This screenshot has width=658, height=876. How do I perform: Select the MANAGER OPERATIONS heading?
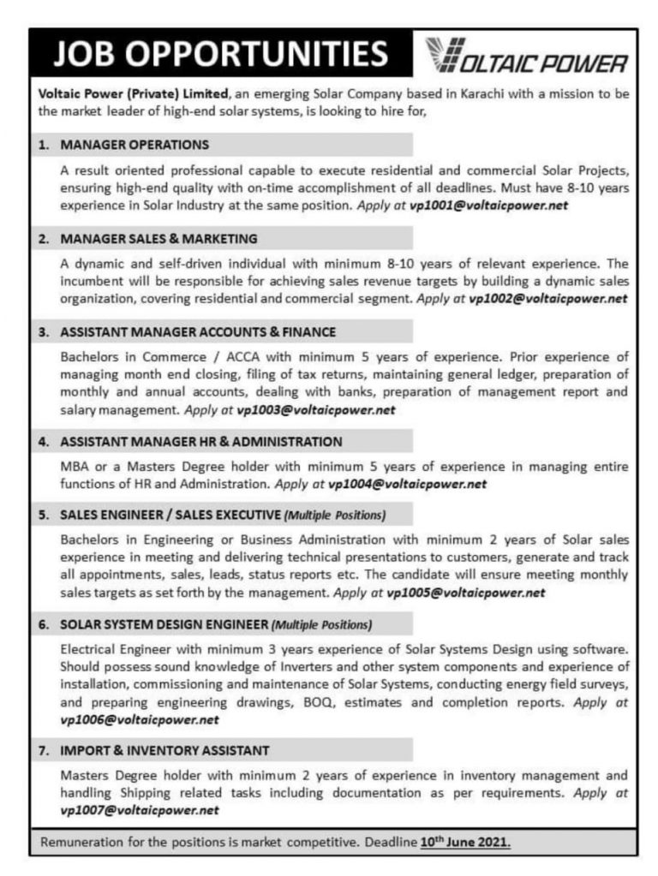click(x=135, y=145)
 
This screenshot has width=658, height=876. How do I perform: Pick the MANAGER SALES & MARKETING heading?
click(x=159, y=237)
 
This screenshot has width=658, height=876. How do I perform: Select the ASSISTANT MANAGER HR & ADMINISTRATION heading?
click(x=201, y=441)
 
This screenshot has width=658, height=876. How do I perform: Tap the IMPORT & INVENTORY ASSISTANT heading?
click(x=164, y=750)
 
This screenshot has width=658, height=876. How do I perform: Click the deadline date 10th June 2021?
click(x=466, y=842)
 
